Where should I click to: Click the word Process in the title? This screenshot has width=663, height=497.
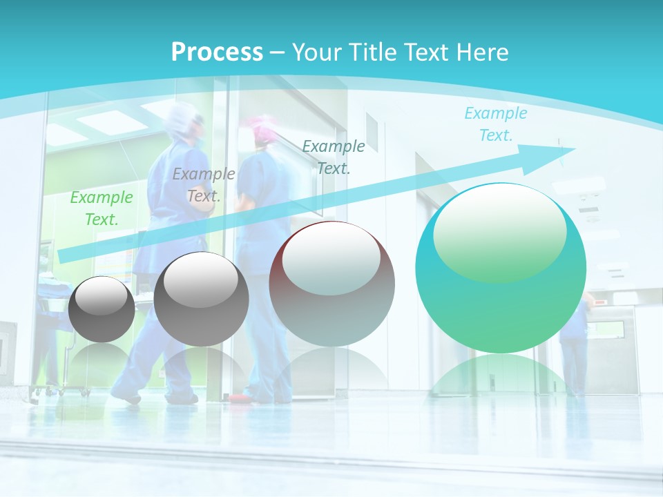[217, 52]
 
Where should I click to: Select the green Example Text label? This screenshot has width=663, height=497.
[102, 208]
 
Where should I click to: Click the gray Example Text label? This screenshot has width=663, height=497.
[203, 185]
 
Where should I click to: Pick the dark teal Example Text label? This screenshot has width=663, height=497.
[334, 157]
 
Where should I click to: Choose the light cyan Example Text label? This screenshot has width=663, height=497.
[495, 124]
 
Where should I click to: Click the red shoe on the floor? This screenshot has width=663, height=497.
[238, 398]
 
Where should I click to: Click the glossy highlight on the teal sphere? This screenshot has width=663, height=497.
[499, 233]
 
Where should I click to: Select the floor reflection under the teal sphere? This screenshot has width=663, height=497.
[501, 376]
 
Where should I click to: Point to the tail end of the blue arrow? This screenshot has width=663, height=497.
[62, 257]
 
